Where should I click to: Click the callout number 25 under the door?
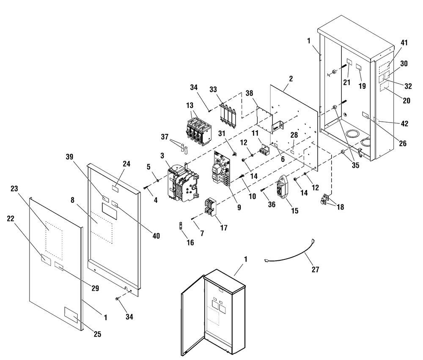tap(98, 334)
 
